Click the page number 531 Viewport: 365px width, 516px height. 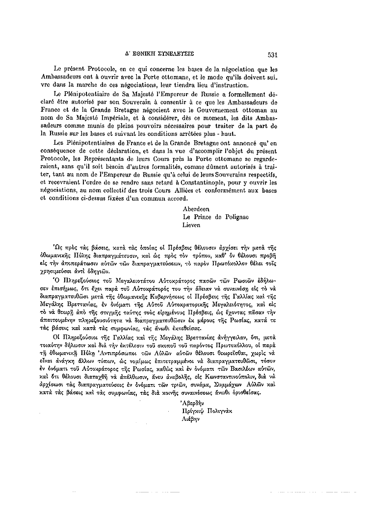(x=273, y=55)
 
